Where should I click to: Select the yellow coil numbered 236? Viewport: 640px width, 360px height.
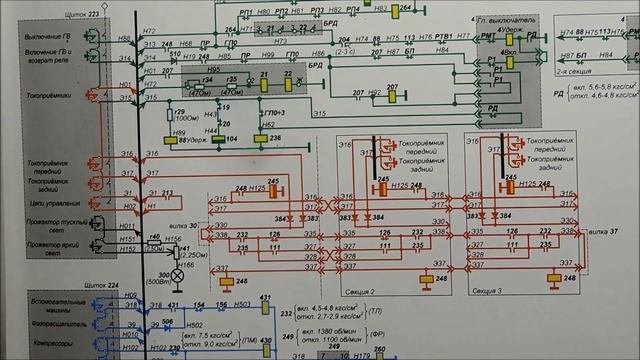coord(274,138)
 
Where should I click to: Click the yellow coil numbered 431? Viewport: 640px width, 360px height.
coord(265,301)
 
